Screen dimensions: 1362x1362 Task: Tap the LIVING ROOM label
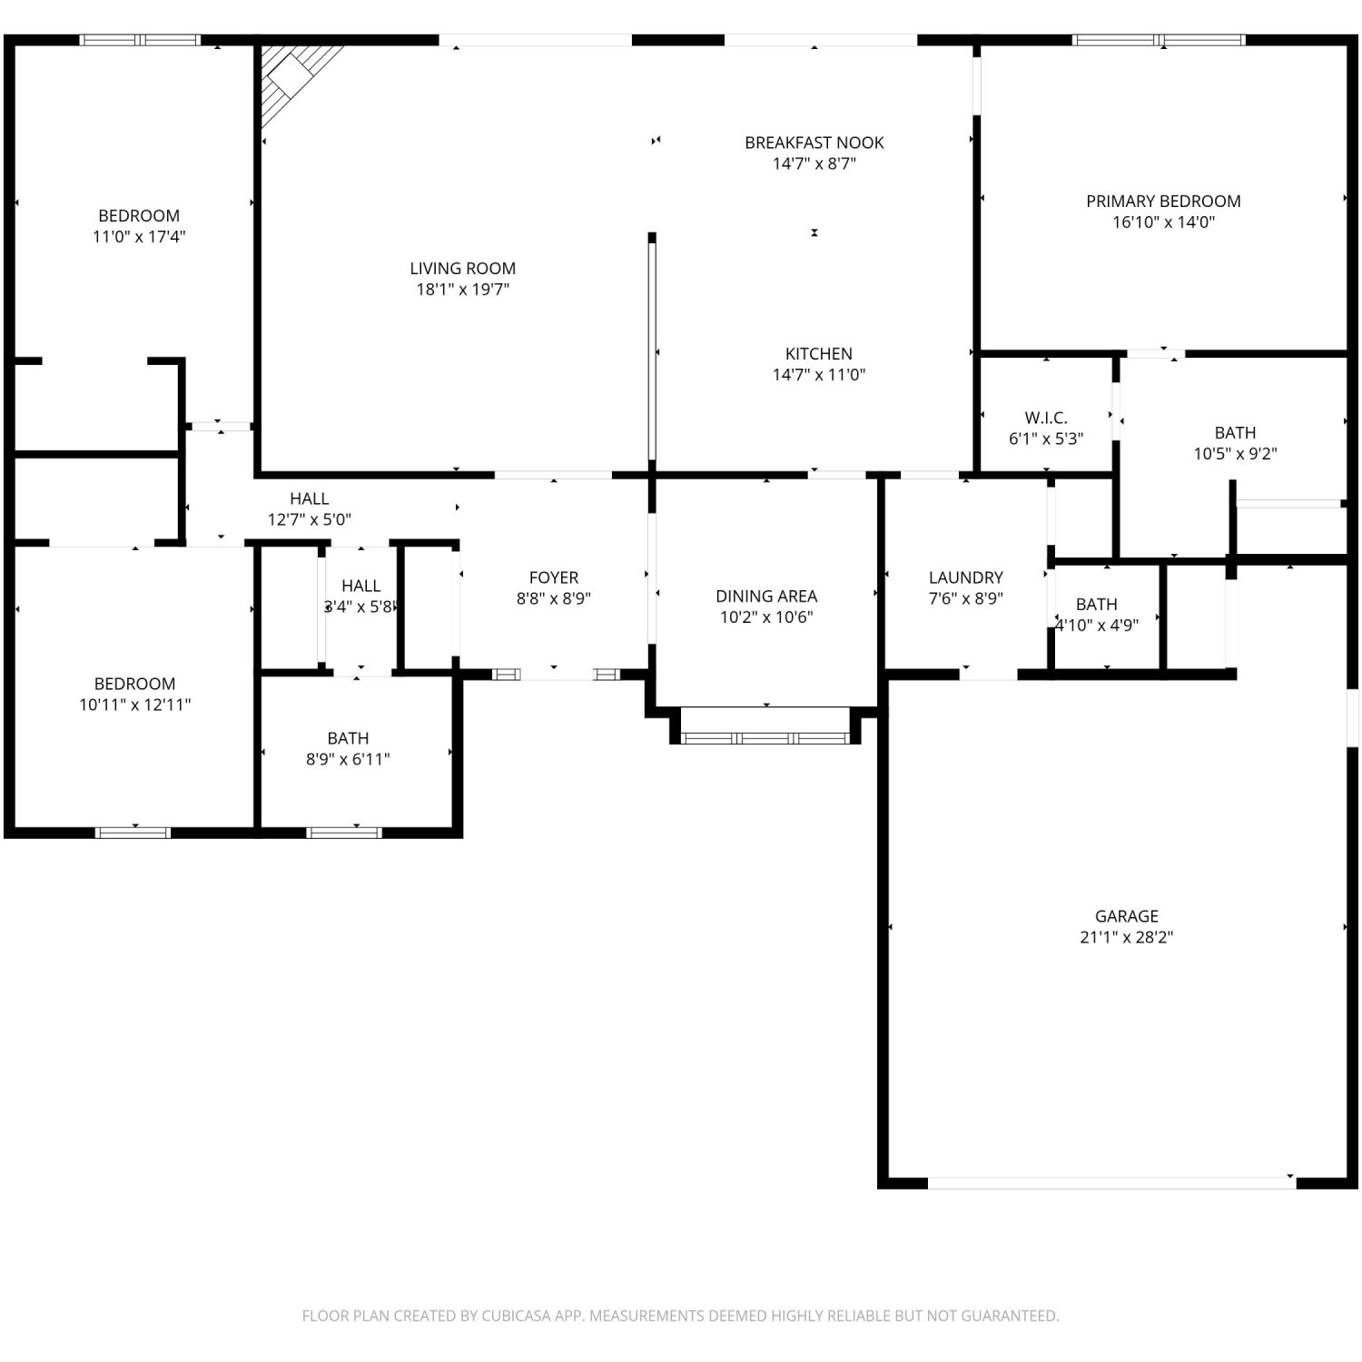pyautogui.click(x=462, y=269)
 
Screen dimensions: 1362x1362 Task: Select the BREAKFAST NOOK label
pyautogui.click(x=814, y=143)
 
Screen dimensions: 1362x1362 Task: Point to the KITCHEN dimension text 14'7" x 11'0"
pyautogui.click(x=819, y=375)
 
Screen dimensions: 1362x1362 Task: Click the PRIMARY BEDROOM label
pyautogui.click(x=1163, y=202)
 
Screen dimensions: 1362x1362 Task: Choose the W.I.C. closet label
pyautogui.click(x=1046, y=418)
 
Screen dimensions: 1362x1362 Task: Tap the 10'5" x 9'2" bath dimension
pyautogui.click(x=1235, y=454)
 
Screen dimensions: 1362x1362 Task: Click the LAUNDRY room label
pyautogui.click(x=966, y=577)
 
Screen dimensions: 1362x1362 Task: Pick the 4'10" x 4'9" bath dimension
pyautogui.click(x=1096, y=626)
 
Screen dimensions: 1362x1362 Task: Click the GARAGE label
pyautogui.click(x=1126, y=916)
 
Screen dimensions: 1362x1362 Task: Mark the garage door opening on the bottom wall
pyautogui.click(x=1111, y=1182)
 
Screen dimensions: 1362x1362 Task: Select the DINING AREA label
pyautogui.click(x=766, y=597)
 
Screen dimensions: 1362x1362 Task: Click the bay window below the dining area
pyautogui.click(x=765, y=737)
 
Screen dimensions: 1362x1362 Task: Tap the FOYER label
pyautogui.click(x=554, y=577)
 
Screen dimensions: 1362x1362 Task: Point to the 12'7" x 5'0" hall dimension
pyautogui.click(x=309, y=520)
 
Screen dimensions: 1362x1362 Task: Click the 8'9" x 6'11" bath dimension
pyautogui.click(x=348, y=760)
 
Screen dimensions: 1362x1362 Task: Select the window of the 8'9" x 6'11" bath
pyautogui.click(x=344, y=832)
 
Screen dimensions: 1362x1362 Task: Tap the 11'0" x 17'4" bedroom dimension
pyautogui.click(x=139, y=237)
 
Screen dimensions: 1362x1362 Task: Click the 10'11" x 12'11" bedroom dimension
pyautogui.click(x=134, y=706)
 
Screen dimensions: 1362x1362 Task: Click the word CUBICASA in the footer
pyautogui.click(x=516, y=1316)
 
